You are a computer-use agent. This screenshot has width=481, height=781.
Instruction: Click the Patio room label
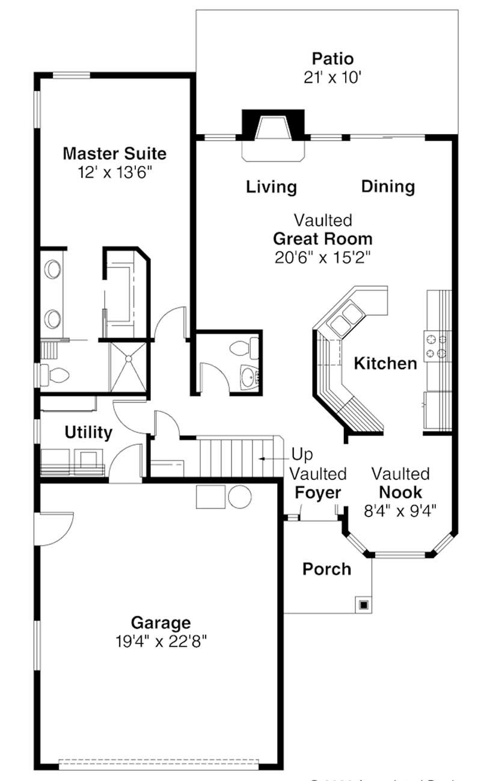332,59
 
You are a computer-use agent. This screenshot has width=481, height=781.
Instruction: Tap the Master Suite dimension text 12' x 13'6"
114,173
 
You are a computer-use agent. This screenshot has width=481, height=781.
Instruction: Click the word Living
271,187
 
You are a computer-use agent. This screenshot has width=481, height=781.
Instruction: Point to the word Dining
388,187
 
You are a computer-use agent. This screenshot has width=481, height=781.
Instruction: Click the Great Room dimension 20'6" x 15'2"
322,257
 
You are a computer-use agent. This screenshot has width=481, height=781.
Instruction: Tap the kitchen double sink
345,318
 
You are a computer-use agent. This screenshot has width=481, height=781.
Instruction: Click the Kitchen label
385,363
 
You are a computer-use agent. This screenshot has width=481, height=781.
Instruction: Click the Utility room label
88,432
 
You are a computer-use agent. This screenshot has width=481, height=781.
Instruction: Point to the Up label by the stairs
302,454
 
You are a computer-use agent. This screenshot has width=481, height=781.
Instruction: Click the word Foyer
318,494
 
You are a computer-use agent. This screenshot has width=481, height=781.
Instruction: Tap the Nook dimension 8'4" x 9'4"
400,510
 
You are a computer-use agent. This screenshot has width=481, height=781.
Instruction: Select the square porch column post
363,604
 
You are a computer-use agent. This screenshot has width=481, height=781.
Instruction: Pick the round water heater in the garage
239,497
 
